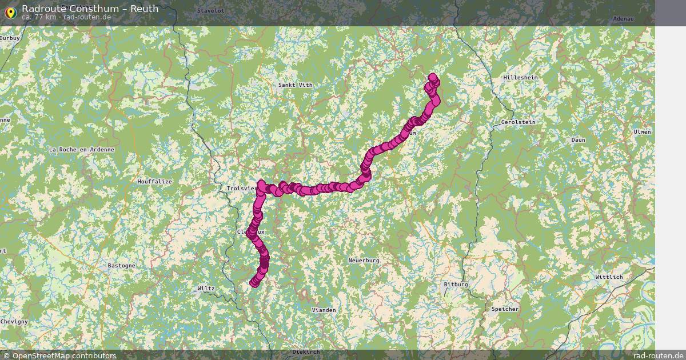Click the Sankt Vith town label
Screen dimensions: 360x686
295,85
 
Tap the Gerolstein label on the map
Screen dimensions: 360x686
518,122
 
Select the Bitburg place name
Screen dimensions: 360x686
456,285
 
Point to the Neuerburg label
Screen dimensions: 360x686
364,261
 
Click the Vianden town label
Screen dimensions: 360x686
324,310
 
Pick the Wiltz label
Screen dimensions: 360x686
206,289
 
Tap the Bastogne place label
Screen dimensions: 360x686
122,266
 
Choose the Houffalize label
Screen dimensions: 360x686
154,182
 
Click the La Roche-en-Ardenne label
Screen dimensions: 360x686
82,150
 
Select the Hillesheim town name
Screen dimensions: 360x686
521,77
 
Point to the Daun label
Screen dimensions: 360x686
579,140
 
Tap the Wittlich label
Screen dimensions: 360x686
609,277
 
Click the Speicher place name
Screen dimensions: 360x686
505,309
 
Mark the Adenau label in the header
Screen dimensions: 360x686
623,19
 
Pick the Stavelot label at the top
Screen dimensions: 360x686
210,11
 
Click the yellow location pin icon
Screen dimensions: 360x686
10,12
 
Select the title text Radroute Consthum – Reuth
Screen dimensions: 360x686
90,9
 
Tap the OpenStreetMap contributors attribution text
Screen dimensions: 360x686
64,355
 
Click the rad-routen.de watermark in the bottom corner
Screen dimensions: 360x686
658,355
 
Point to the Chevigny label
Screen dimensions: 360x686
14,322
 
